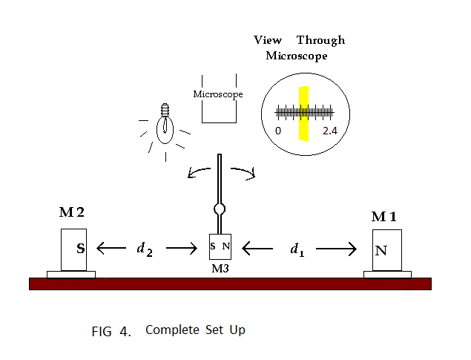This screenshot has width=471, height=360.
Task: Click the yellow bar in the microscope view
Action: pyautogui.click(x=303, y=113)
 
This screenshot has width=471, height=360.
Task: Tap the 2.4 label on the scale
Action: pyautogui.click(x=330, y=131)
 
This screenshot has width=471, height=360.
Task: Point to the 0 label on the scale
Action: pyautogui.click(x=278, y=131)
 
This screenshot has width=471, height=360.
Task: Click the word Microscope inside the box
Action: pyautogui.click(x=218, y=94)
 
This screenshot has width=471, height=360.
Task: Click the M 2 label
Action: pyautogui.click(x=71, y=213)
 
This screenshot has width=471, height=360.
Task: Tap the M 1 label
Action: pyautogui.click(x=383, y=216)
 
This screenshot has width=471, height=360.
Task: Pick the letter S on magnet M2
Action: pyautogui.click(x=80, y=249)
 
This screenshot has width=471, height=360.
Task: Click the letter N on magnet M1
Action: pyautogui.click(x=381, y=250)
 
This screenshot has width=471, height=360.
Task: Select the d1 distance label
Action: pyautogui.click(x=297, y=249)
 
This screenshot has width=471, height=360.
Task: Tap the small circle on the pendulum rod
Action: pyautogui.click(x=220, y=209)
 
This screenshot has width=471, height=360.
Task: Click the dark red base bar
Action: pyautogui.click(x=230, y=283)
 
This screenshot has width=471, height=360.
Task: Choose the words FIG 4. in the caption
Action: pyautogui.click(x=111, y=331)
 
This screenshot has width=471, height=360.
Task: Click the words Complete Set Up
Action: pyautogui.click(x=195, y=330)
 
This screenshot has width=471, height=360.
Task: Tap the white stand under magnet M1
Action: pyautogui.click(x=387, y=275)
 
